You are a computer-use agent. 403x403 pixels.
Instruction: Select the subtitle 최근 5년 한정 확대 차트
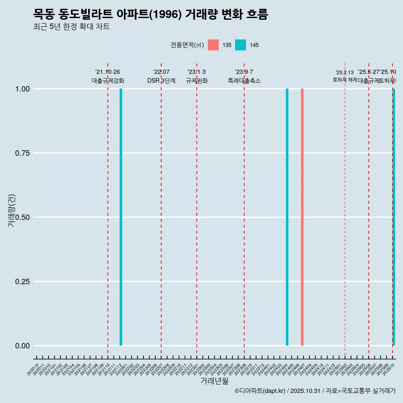tap(71, 27)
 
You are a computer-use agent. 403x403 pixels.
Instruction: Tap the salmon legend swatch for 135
tap(213, 45)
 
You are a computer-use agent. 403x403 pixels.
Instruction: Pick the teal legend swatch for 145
tap(241, 45)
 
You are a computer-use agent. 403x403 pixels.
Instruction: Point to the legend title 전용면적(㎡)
tap(187, 45)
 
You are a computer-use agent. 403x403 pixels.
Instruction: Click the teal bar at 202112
tap(121, 217)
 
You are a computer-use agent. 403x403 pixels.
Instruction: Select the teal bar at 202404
tap(287, 217)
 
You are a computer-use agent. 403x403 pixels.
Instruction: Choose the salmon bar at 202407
tap(302, 217)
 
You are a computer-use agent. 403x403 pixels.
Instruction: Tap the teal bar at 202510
tap(394, 217)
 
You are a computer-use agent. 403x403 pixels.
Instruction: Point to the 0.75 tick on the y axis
tap(22, 153)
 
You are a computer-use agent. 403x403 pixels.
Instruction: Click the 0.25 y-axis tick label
tap(22, 282)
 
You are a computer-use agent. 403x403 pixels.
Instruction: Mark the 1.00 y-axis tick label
tap(22, 89)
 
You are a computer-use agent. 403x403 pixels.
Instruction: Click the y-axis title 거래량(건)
tap(11, 210)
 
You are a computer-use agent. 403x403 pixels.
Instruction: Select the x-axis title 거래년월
tap(215, 381)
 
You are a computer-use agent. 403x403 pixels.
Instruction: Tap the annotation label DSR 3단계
tap(161, 81)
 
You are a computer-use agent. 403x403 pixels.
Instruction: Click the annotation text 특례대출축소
tap(244, 81)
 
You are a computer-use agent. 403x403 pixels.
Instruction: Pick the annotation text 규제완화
tap(197, 81)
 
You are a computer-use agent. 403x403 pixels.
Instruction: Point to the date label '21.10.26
tap(108, 72)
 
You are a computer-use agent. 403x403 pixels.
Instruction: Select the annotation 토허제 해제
tap(345, 79)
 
